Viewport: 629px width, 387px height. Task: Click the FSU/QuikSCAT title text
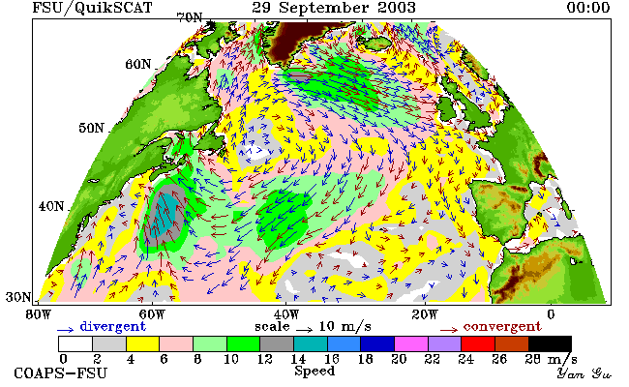[92, 8]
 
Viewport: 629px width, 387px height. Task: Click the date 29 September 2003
[334, 8]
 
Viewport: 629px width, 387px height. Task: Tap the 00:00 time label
[588, 8]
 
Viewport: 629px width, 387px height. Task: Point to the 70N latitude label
[190, 17]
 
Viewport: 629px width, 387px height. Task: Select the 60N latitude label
[138, 64]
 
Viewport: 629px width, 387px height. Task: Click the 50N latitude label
[92, 128]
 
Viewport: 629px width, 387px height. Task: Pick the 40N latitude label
[51, 206]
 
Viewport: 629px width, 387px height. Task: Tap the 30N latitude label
[18, 297]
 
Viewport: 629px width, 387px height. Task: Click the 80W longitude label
[39, 314]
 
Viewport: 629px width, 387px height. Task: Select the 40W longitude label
[286, 314]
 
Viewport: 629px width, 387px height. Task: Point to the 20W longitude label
[425, 314]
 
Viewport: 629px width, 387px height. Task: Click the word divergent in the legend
[113, 326]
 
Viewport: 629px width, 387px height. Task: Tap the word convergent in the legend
[502, 326]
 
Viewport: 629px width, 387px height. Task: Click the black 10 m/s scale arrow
[305, 330]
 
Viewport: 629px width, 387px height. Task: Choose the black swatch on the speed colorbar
[550, 344]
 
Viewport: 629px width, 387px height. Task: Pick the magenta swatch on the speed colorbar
[410, 344]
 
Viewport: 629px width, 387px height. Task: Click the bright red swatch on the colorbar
[478, 344]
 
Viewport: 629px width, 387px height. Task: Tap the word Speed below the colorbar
[314, 372]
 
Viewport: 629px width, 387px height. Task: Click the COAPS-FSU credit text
[61, 372]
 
